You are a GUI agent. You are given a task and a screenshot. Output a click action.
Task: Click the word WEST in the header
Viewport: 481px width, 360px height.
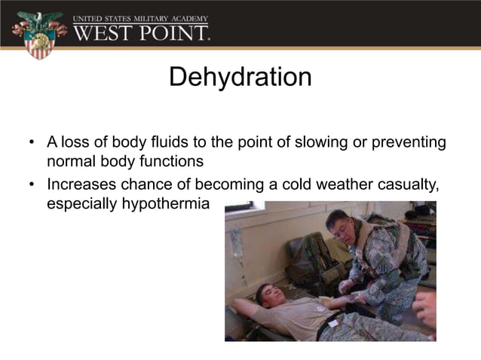click(103, 33)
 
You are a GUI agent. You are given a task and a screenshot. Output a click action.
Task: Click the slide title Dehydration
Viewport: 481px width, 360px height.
click(240, 77)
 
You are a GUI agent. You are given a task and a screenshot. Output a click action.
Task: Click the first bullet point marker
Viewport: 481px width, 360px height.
click(32, 142)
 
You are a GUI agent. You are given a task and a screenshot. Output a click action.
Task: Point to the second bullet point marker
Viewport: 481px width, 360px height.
click(32, 184)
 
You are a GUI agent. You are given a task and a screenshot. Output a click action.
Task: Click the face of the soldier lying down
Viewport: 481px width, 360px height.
click(268, 294)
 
